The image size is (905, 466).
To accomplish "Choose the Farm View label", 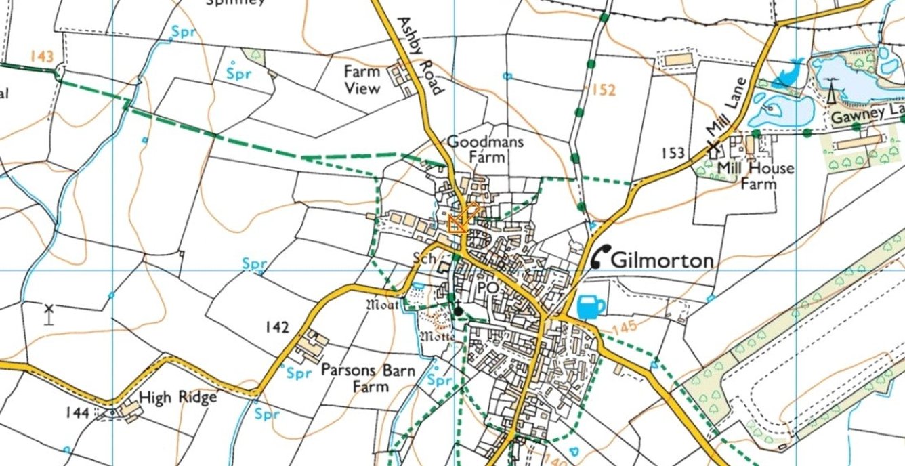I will coord(362,79).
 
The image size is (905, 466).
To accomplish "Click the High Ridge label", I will coord(177,396).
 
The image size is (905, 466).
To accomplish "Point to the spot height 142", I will coord(277,328).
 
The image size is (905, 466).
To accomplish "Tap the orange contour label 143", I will coord(41,57).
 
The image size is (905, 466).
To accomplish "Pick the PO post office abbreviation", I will coord(488,288).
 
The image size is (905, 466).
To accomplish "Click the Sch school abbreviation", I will coord(425,258).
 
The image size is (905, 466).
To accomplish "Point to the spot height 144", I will coord(78,412).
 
